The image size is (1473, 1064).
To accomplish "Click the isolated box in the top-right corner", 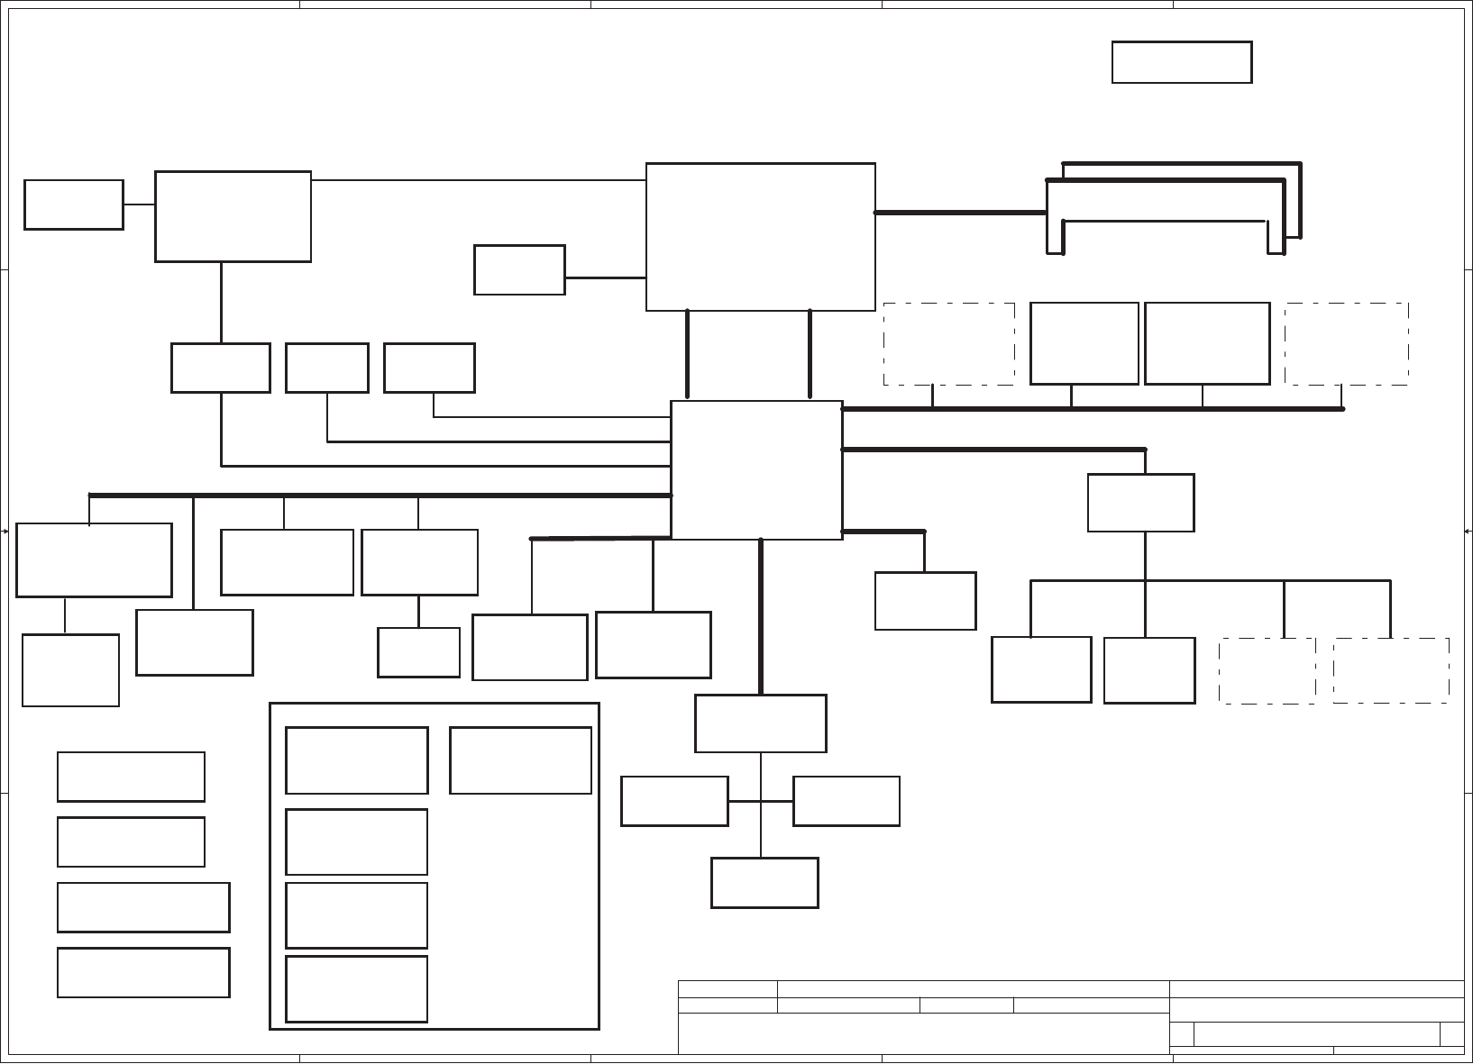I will [1182, 62].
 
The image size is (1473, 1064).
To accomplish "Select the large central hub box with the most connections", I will [756, 470].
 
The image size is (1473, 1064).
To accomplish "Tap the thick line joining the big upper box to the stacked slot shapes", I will [960, 213].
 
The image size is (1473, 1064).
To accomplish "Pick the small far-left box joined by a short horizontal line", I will [74, 205].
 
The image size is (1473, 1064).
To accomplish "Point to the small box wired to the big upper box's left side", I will [519, 269].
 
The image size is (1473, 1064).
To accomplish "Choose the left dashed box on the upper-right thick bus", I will [948, 344].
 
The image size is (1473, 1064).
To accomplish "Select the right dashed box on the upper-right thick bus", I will [1347, 344].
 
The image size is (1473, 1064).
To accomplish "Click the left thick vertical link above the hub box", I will [688, 354].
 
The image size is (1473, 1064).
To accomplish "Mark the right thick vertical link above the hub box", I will [810, 354].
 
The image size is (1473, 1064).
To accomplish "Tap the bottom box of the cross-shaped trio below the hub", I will [764, 883].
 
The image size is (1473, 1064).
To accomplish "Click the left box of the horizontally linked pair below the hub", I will [674, 801].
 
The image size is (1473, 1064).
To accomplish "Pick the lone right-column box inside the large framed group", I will [520, 760].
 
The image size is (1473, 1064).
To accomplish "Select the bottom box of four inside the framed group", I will [356, 989].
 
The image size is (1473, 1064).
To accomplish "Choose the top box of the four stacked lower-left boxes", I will [131, 777].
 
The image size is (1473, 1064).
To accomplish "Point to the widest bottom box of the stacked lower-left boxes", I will [143, 972].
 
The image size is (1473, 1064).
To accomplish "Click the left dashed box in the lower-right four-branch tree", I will [1267, 670].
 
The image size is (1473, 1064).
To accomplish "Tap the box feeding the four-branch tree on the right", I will [1140, 503].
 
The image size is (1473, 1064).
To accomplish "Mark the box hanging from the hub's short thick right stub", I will [925, 601].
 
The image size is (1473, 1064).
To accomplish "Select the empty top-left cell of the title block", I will [727, 989].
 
